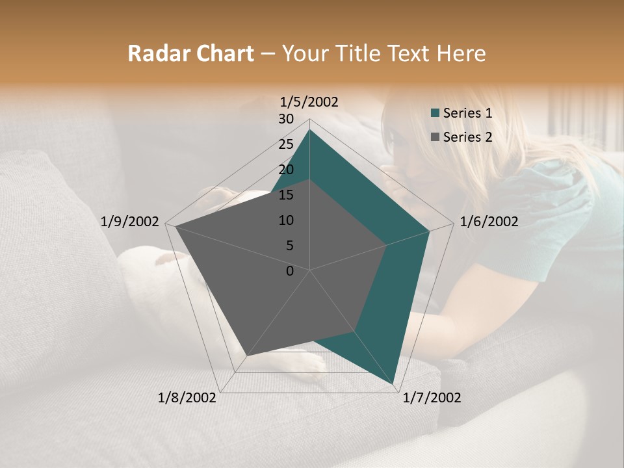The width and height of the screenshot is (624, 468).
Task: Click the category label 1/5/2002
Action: click(x=309, y=101)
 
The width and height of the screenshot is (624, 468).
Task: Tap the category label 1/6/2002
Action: click(x=489, y=222)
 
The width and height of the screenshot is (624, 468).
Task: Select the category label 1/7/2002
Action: click(x=432, y=398)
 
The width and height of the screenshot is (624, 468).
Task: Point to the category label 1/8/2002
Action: click(x=187, y=398)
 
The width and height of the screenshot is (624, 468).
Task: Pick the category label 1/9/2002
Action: click(x=130, y=222)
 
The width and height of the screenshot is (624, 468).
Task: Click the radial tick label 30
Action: click(x=286, y=119)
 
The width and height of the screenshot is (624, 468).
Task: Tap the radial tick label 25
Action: click(x=286, y=144)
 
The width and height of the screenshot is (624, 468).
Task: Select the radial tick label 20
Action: click(x=286, y=170)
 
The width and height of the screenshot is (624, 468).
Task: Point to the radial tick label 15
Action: click(x=286, y=195)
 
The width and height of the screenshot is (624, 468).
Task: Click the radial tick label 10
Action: click(x=286, y=220)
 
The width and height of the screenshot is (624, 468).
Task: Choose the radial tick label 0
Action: click(x=290, y=271)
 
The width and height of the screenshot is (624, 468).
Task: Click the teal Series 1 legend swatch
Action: click(x=435, y=113)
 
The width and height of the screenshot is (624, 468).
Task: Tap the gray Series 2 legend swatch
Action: click(x=435, y=137)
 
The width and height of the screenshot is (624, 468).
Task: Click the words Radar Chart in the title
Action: click(x=190, y=54)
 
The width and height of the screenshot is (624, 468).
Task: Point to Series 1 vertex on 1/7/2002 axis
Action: click(x=393, y=384)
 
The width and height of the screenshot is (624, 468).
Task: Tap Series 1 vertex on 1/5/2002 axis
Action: click(x=309, y=129)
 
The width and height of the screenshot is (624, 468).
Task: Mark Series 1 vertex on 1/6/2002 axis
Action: click(x=429, y=231)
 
